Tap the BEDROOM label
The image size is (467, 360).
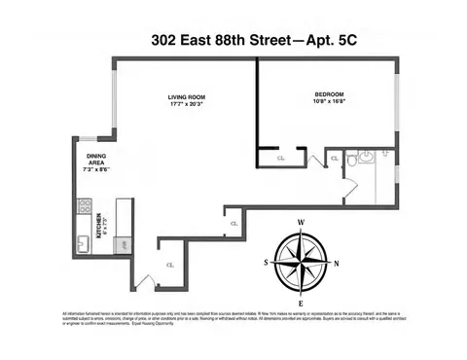point(326,93)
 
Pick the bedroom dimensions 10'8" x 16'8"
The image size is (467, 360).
point(326,101)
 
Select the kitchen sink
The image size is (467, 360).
point(85,242)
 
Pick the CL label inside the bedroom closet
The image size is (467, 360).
point(281,158)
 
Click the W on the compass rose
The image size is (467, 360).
point(301,223)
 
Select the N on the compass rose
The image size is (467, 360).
point(337,262)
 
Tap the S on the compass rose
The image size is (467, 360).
point(265,262)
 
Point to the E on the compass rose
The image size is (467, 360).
point(301,301)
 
